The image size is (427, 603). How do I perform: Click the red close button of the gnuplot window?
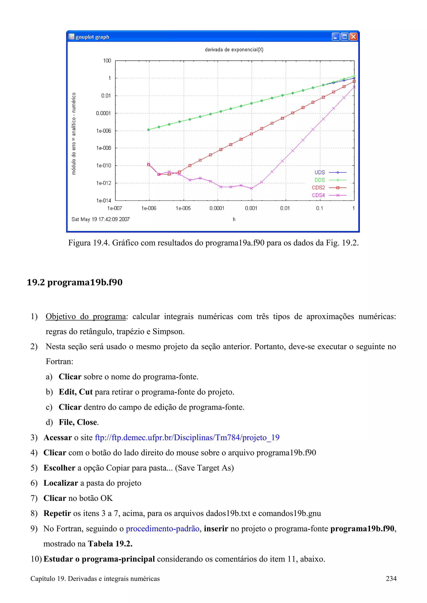(x=353, y=37)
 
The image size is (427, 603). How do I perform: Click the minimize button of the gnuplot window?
(x=335, y=37)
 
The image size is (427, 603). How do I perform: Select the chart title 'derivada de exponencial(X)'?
(x=234, y=50)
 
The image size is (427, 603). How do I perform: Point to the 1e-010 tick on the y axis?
(x=104, y=165)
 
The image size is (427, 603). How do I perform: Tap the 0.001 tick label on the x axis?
(x=251, y=208)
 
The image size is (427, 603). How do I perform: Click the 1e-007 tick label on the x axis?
(x=115, y=208)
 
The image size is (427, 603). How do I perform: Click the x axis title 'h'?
(x=234, y=219)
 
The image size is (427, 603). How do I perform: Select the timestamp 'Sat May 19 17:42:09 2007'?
(x=100, y=219)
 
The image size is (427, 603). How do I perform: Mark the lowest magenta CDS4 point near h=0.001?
(x=251, y=188)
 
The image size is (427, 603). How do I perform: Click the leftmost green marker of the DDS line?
(x=149, y=129)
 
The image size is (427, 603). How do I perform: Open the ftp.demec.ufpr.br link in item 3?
(x=187, y=438)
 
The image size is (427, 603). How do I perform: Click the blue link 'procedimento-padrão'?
(x=162, y=529)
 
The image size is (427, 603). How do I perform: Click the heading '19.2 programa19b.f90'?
(x=75, y=282)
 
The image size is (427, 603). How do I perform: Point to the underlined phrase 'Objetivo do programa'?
(x=85, y=316)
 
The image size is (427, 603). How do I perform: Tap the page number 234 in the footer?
(x=391, y=579)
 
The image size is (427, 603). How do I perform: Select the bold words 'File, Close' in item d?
(x=78, y=422)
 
